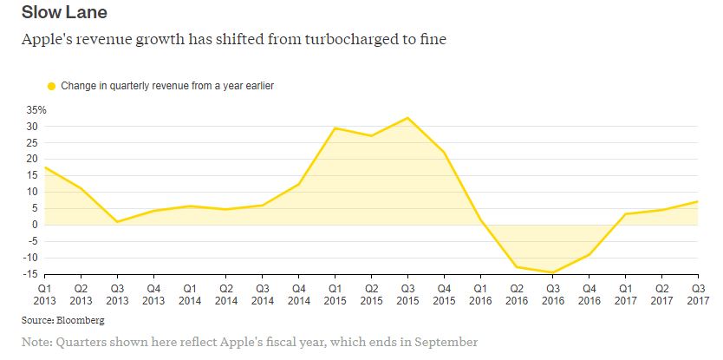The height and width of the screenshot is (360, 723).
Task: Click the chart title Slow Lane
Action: pyautogui.click(x=64, y=14)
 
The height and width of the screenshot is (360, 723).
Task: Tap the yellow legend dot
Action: pyautogui.click(x=51, y=86)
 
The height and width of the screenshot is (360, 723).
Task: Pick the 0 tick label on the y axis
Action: pyautogui.click(x=36, y=225)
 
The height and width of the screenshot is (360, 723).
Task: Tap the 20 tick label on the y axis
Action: pyautogui.click(x=34, y=160)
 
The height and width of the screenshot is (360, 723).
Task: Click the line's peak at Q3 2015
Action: pyautogui.click(x=407, y=118)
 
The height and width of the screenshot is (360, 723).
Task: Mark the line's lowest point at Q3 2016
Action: pyautogui.click(x=552, y=272)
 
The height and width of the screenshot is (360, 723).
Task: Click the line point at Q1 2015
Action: pyautogui.click(x=335, y=128)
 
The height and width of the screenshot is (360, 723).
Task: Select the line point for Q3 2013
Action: pyautogui.click(x=117, y=222)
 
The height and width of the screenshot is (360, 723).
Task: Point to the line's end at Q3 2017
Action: pyautogui.click(x=697, y=202)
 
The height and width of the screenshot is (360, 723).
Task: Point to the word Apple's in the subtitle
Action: pyautogui.click(x=49, y=40)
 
